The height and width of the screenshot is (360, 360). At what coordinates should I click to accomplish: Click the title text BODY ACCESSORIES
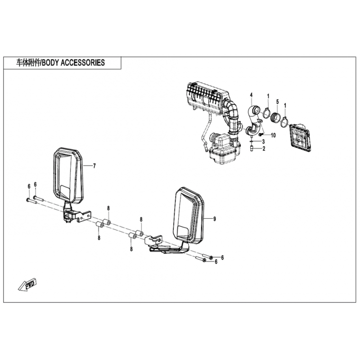[x=73, y=63]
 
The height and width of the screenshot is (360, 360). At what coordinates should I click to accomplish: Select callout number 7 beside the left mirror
[x=94, y=166]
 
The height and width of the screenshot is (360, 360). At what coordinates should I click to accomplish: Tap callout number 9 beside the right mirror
[x=215, y=219]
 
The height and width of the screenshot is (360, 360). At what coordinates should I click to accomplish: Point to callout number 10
[x=273, y=135]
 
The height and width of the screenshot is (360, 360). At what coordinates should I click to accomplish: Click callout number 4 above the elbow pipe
[x=251, y=95]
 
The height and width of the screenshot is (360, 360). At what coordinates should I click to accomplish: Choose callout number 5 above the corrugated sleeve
[x=277, y=102]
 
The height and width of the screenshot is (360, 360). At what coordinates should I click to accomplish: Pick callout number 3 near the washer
[x=264, y=142]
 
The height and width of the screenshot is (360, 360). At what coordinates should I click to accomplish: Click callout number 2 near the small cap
[x=264, y=149]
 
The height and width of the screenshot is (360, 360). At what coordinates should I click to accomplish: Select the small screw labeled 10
[x=261, y=134]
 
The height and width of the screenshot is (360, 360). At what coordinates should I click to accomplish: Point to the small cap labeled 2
[x=252, y=149]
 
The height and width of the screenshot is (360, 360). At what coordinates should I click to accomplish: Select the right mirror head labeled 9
[x=189, y=215]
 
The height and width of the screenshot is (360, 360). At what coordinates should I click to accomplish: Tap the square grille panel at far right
[x=301, y=137]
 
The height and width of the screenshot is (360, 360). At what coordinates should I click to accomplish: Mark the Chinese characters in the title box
[x=28, y=63]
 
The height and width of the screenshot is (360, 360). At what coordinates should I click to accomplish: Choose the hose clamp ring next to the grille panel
[x=285, y=121]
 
